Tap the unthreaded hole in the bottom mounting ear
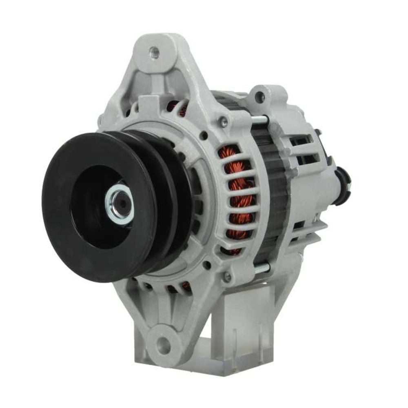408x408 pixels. (x=164, y=342)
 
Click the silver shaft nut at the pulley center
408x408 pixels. (x=119, y=204)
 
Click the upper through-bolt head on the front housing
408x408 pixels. (x=224, y=121)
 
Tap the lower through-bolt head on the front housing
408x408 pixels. (x=227, y=277)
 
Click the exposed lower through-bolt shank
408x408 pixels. (x=261, y=268)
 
